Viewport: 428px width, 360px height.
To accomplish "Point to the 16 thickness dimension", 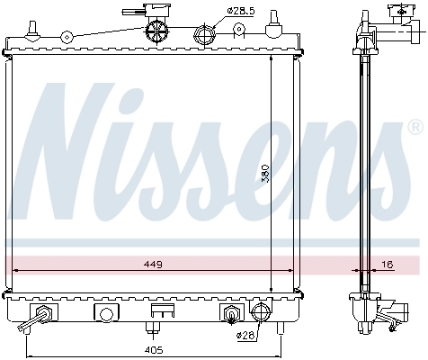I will click(388, 265).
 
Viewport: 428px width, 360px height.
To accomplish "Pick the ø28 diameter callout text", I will click(245, 336).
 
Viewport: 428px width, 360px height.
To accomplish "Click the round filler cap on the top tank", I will click(156, 31).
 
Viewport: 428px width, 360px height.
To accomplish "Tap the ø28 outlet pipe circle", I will click(262, 314).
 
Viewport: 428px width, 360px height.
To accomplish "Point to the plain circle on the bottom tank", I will click(106, 314).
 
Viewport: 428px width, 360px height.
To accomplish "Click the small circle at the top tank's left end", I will click(66, 38).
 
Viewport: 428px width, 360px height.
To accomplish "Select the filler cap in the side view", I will click(397, 13).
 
